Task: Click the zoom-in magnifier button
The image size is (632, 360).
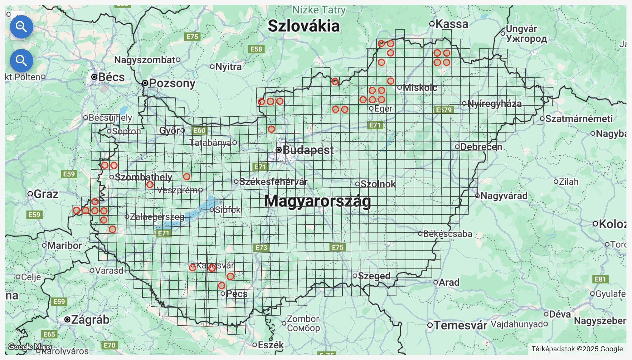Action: point(21,27)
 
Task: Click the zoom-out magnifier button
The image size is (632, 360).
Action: point(21,61)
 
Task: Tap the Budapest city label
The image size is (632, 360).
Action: point(308,150)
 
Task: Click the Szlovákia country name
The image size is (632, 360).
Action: point(303,26)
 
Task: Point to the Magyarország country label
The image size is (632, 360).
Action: point(317,201)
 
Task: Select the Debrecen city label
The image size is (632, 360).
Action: point(481,147)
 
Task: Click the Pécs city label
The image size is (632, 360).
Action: point(236,294)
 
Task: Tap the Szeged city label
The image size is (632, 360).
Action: point(374,276)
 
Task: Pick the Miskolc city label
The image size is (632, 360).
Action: point(420,88)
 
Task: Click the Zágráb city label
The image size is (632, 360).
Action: point(90,320)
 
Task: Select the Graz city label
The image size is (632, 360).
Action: point(46,194)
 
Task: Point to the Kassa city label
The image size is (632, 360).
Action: point(452,24)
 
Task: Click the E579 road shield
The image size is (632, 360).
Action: point(443,110)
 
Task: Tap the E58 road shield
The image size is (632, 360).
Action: point(256,49)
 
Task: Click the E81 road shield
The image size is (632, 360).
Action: point(600,279)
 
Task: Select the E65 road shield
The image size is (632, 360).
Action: point(49,334)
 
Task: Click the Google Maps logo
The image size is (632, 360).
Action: point(29,347)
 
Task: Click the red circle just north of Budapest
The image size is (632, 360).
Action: point(271,129)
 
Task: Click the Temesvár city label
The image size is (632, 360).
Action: point(460,325)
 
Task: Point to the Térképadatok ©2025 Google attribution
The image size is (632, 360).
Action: point(577,349)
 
